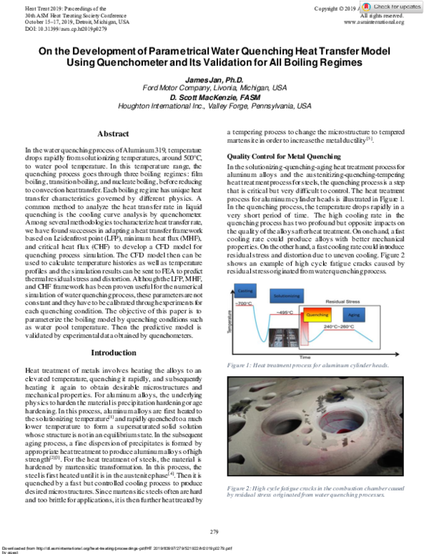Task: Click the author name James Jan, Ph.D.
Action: pos(214,78)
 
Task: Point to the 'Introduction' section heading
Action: pos(112,353)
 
